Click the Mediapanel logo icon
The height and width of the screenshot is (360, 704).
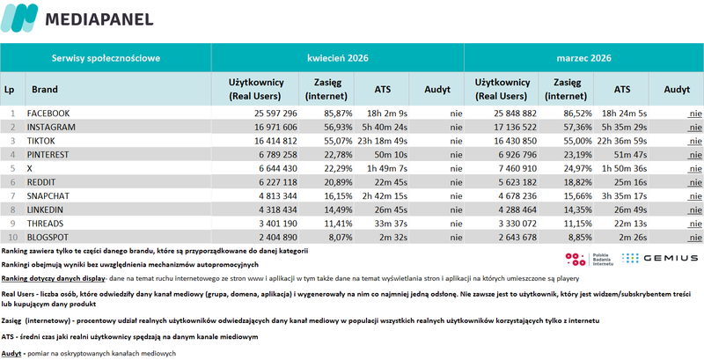tap(19, 18)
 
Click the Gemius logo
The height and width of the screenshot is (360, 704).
tap(660, 258)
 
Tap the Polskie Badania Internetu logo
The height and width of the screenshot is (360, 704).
tap(588, 259)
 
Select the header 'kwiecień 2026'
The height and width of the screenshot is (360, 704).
tap(338, 58)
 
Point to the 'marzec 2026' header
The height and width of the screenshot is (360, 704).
tap(583, 58)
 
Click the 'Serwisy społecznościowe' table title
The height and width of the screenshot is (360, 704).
tap(106, 58)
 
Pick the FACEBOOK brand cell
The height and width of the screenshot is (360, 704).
tap(48, 114)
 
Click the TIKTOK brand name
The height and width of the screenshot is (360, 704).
tap(40, 141)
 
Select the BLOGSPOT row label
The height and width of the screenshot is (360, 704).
tap(48, 238)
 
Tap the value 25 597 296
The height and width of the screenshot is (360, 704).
tap(275, 114)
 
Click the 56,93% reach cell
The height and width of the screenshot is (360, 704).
tap(338, 127)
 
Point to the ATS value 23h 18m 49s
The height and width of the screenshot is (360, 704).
tap(383, 141)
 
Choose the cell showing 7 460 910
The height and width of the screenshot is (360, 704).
tap(517, 169)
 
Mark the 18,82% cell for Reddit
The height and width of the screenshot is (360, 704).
tap(578, 183)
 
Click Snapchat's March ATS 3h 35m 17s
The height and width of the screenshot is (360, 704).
tap(625, 196)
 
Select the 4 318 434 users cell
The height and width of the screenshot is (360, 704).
tap(277, 210)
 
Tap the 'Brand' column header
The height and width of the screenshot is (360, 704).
tap(45, 89)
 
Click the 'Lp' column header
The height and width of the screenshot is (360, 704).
tap(9, 90)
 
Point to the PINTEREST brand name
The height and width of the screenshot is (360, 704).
tap(48, 155)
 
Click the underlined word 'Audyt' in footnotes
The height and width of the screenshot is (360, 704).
tap(11, 353)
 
